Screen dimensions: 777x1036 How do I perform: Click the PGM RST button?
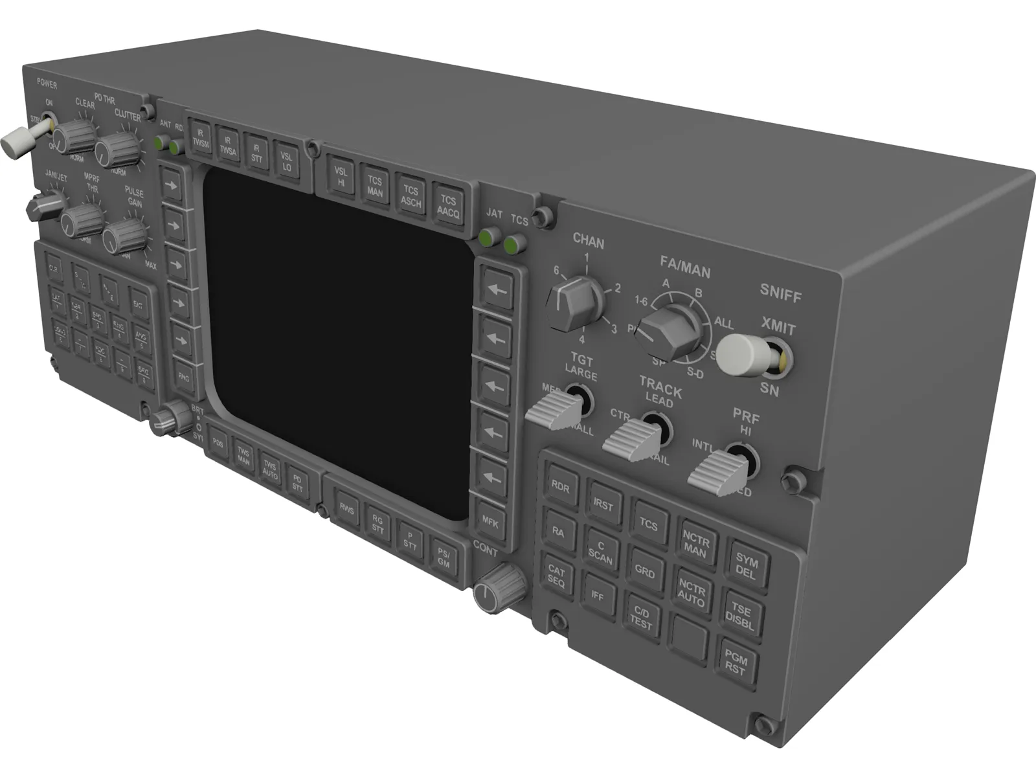[736, 664]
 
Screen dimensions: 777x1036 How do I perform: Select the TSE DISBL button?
[741, 616]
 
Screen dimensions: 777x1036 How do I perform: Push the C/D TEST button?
[641, 616]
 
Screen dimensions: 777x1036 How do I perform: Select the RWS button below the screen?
[347, 510]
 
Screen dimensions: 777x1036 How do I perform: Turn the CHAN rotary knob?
[572, 302]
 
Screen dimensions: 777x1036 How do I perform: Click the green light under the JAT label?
[490, 238]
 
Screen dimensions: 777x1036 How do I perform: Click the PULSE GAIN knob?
[124, 236]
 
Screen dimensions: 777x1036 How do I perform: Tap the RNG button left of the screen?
[185, 377]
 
